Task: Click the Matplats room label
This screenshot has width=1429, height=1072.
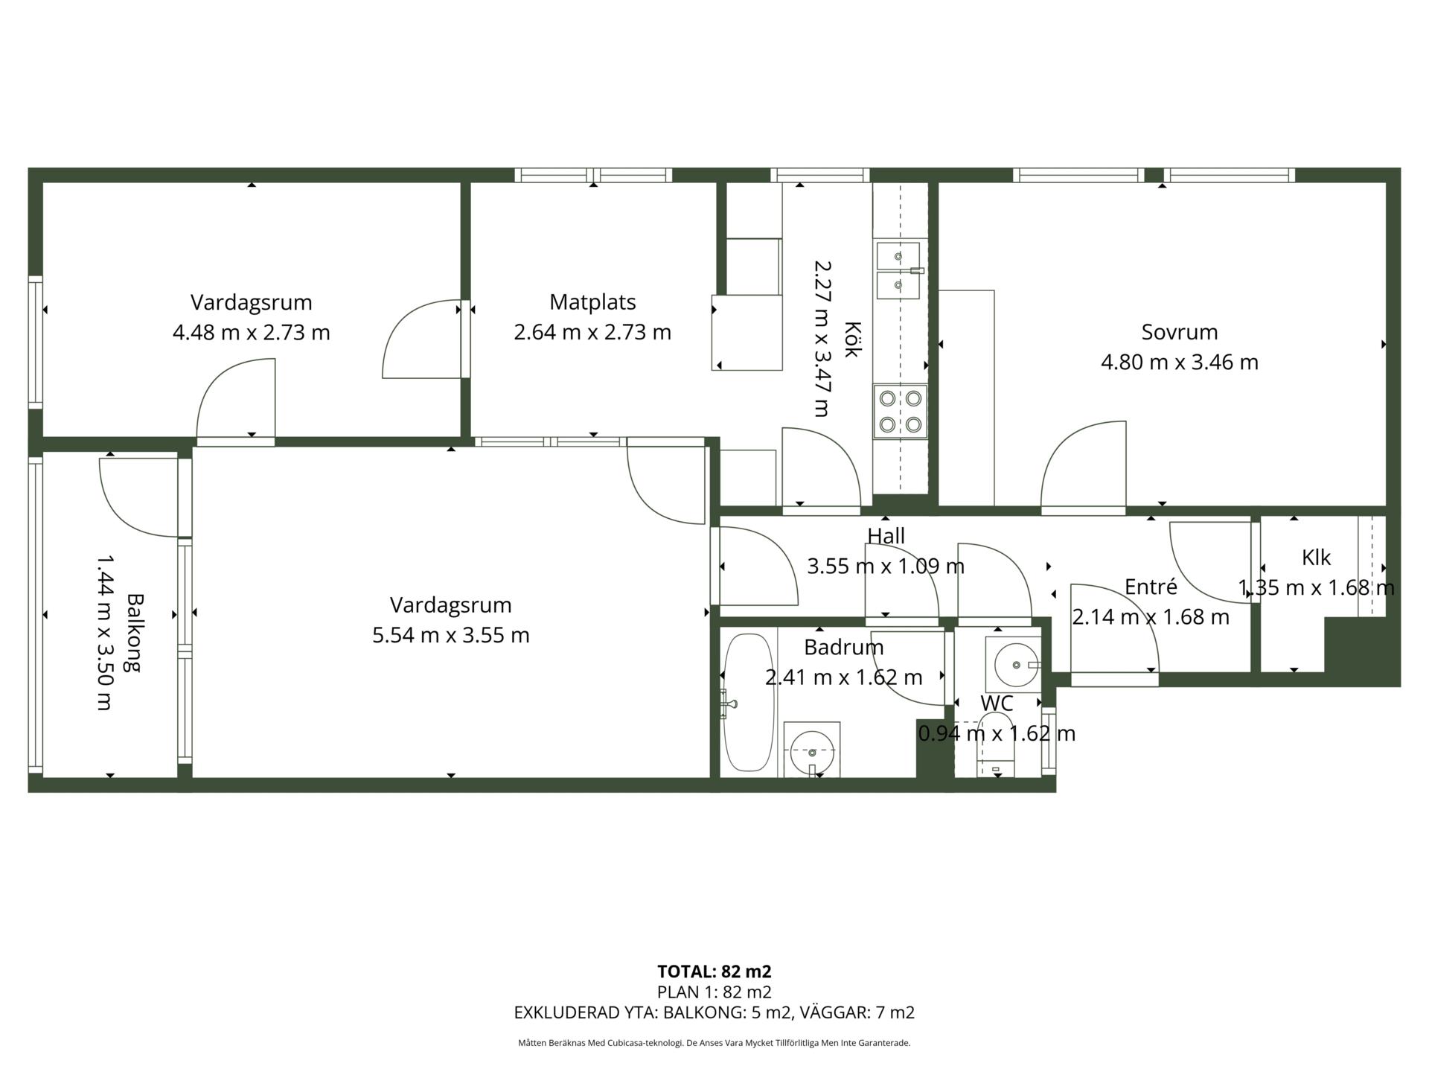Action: pos(592,302)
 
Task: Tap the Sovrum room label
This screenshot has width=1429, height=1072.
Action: pos(1180,332)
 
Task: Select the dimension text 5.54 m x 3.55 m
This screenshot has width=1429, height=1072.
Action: pos(451,635)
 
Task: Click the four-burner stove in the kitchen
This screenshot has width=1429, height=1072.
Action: pos(901,412)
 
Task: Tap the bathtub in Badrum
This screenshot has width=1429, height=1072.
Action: pos(749,703)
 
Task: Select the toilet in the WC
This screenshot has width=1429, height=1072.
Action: pos(995,744)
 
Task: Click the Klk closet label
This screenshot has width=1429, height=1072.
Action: pos(1316,558)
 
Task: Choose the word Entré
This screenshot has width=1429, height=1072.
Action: pos(1151,587)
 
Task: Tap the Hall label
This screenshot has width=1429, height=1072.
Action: pos(886,536)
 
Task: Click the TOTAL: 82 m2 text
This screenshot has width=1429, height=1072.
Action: pos(714,971)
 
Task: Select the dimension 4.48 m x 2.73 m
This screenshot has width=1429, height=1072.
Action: pos(252,332)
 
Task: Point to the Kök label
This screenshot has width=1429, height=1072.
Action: pos(852,339)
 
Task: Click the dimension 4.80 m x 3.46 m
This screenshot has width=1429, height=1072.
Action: pos(1180,363)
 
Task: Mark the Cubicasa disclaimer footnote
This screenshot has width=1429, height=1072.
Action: pos(714,1043)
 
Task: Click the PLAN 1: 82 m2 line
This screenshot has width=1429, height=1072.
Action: pos(714,992)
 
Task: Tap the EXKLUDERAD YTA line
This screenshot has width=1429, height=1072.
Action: pos(714,1012)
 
